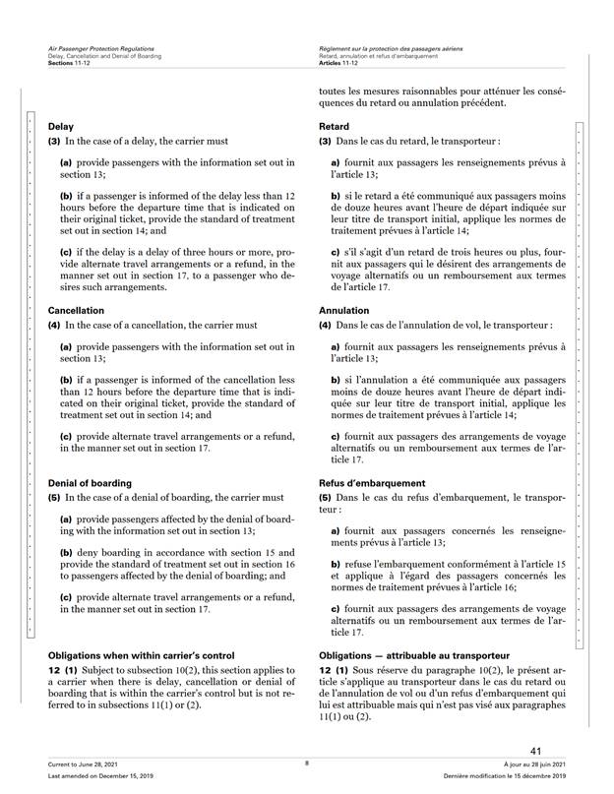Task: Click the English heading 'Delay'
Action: (61, 128)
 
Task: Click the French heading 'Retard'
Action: (335, 128)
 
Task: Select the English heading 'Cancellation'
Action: (76, 310)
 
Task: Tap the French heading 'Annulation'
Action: (344, 310)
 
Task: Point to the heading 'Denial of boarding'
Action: (90, 483)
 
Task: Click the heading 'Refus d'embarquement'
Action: (370, 483)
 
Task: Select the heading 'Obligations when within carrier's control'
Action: (143, 654)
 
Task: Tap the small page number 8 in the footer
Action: (307, 763)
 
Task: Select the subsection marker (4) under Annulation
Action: (326, 325)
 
